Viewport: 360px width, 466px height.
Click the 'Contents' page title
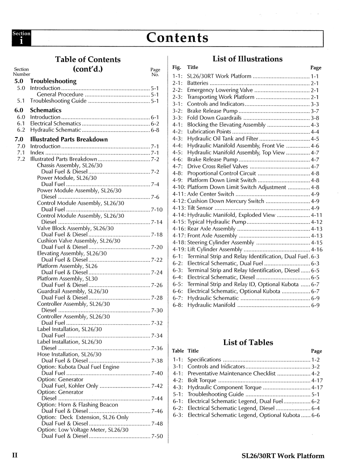tap(178, 38)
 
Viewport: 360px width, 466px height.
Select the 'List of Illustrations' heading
tap(247, 59)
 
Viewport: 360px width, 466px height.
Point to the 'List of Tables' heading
tap(248, 343)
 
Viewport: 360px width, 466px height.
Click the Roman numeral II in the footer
tap(15, 456)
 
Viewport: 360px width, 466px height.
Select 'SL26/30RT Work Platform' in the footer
tap(283, 456)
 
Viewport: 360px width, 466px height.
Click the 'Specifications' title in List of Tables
tap(204, 359)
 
